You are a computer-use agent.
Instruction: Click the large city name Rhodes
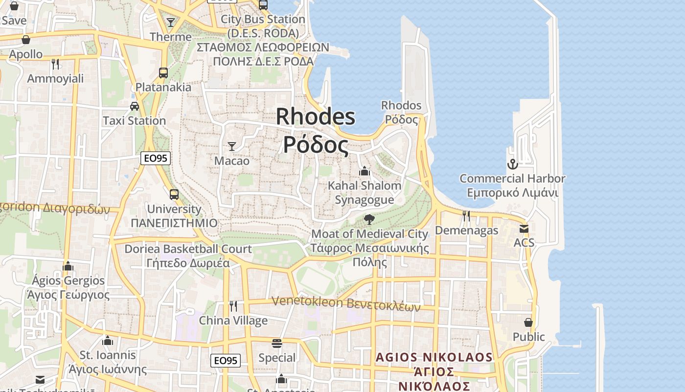pos(316,117)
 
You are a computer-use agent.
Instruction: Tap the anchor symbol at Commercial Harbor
pos(512,164)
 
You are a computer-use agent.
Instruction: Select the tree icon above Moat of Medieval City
pos(369,219)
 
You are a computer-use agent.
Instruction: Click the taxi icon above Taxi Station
pos(134,106)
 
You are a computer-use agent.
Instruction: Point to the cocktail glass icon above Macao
pos(232,146)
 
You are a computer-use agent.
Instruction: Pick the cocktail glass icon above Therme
pos(171,22)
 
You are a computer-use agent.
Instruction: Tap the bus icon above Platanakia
pos(163,73)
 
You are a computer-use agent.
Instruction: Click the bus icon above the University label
pos(174,194)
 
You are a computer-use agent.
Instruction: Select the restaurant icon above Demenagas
pos(466,216)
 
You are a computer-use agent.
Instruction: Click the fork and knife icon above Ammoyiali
pos(55,64)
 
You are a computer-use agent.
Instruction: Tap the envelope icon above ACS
pos(524,228)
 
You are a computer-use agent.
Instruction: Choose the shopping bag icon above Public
pos(528,322)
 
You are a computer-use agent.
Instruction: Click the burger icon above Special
pos(277,343)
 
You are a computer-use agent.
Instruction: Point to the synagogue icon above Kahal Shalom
pos(364,171)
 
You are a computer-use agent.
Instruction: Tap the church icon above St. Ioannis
pos(108,340)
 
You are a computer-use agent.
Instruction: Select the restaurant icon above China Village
pos(233,306)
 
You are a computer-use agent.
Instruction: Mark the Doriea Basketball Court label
pos(188,249)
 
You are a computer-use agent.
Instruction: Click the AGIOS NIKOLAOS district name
pos(434,357)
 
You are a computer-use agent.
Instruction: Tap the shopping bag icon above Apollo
pos(26,40)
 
